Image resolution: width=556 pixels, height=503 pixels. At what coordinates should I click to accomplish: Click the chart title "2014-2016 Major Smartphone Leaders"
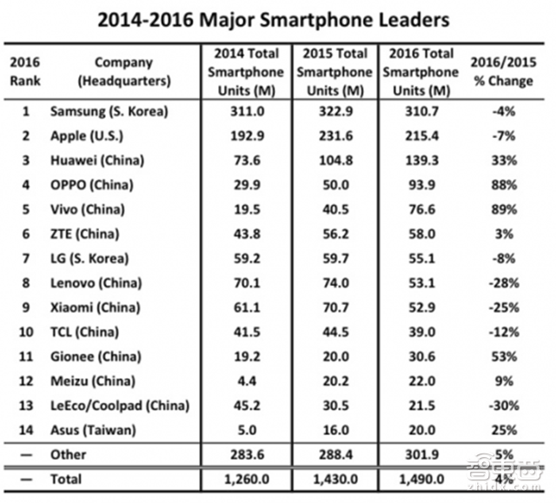(277, 18)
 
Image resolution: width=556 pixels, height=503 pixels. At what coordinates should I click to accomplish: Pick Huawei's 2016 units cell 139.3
(420, 161)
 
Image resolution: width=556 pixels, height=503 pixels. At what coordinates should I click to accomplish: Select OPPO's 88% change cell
(504, 185)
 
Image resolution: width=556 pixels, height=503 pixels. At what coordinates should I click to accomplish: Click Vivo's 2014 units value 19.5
(247, 209)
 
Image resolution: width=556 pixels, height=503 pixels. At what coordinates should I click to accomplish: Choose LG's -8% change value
(504, 258)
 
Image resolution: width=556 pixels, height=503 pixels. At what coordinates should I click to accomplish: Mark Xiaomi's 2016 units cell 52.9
(420, 307)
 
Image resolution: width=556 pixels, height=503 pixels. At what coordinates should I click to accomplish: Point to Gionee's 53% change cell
(504, 356)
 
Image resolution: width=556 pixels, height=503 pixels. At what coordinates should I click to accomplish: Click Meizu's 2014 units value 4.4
(247, 381)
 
